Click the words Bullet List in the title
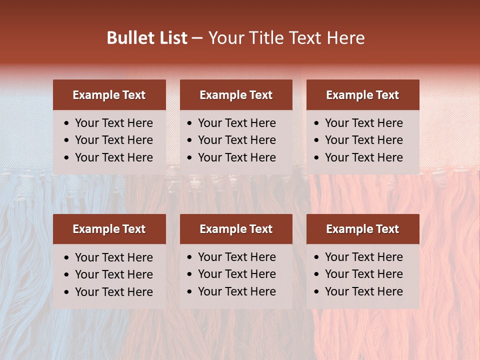(x=147, y=38)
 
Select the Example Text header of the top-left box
(x=109, y=95)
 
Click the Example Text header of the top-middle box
(x=236, y=95)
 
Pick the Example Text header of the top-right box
(x=362, y=95)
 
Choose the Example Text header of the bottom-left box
(x=109, y=229)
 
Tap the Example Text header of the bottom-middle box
(x=236, y=229)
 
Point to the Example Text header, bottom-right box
(x=362, y=229)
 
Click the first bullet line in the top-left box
(x=114, y=123)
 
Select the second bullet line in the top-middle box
(x=237, y=140)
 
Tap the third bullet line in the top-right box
(x=364, y=157)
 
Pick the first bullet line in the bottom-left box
(x=114, y=257)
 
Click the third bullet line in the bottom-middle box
(x=237, y=291)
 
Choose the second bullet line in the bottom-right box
(x=364, y=274)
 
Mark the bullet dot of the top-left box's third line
(x=67, y=158)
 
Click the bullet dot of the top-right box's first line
(x=317, y=123)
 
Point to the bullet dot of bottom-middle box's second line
(x=190, y=274)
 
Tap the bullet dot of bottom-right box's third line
(x=317, y=292)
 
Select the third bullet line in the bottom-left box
(x=114, y=292)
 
